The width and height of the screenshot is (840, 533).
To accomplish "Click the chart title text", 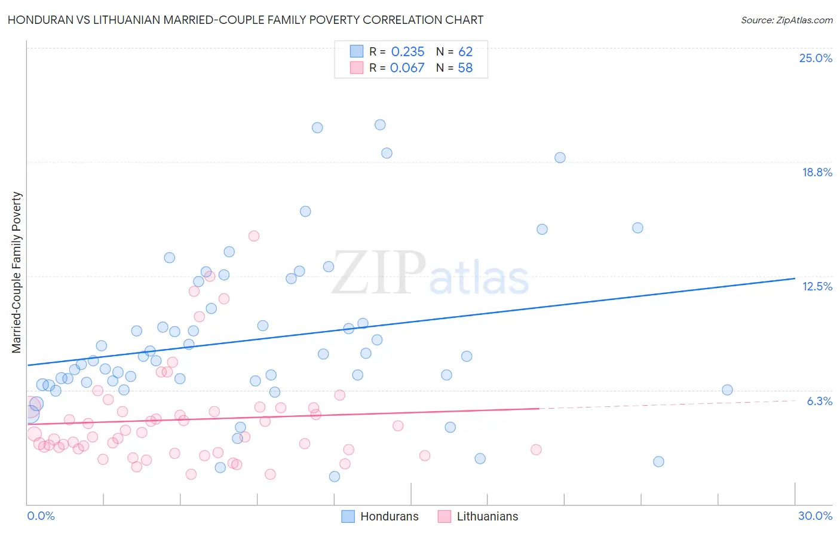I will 246,20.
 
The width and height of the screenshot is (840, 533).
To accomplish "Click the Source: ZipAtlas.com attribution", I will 786,20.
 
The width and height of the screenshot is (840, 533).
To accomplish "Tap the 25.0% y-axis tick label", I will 816,58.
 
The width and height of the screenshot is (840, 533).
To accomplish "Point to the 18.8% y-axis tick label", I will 817,172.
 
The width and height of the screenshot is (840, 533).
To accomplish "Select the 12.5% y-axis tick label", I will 817,286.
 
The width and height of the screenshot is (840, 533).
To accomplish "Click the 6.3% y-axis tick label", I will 819,401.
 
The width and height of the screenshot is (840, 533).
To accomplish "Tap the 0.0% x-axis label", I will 41,516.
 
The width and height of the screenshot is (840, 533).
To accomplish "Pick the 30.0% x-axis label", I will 815,516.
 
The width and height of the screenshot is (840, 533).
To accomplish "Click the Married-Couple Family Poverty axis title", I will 17,272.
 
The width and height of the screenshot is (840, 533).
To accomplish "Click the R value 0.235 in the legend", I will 407,52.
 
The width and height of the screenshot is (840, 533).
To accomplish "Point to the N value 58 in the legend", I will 465,68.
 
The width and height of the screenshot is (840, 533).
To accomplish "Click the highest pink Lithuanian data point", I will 254,236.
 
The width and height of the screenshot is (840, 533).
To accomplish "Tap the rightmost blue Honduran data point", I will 727,390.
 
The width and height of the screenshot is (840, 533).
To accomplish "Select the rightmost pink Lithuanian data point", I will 536,450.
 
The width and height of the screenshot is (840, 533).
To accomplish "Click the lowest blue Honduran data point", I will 335,476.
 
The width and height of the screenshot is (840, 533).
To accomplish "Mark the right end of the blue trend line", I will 795,278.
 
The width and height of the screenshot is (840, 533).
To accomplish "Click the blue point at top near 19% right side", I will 560,158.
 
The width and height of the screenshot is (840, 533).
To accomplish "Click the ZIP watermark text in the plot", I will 378,273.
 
